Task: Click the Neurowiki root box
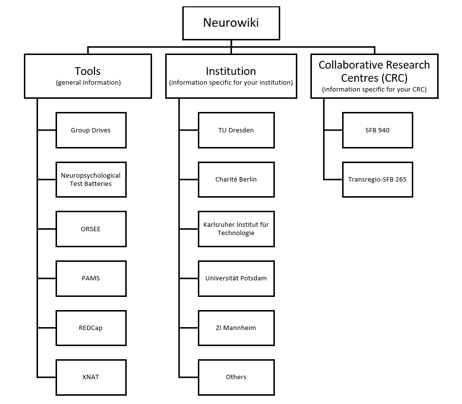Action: pos(231,23)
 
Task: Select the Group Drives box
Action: pos(91,130)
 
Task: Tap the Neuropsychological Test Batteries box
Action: pos(91,180)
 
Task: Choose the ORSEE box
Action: pos(91,229)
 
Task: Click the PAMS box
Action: pos(91,278)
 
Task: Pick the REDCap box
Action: pos(91,328)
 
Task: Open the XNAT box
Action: pos(91,377)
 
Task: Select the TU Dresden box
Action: pos(236,130)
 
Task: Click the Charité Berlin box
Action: pos(236,180)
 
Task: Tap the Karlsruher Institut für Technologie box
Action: pos(236,229)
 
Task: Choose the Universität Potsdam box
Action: pos(236,278)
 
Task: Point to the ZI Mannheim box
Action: pos(236,328)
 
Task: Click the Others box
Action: pos(236,377)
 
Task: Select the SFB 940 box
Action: pos(377,130)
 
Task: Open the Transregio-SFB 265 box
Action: pos(377,180)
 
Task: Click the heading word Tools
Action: pos(88,71)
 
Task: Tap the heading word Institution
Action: pos(231,71)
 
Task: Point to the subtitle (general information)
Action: pos(88,83)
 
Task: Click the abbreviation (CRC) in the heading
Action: pos(392,77)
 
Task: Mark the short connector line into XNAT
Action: pos(47,377)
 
